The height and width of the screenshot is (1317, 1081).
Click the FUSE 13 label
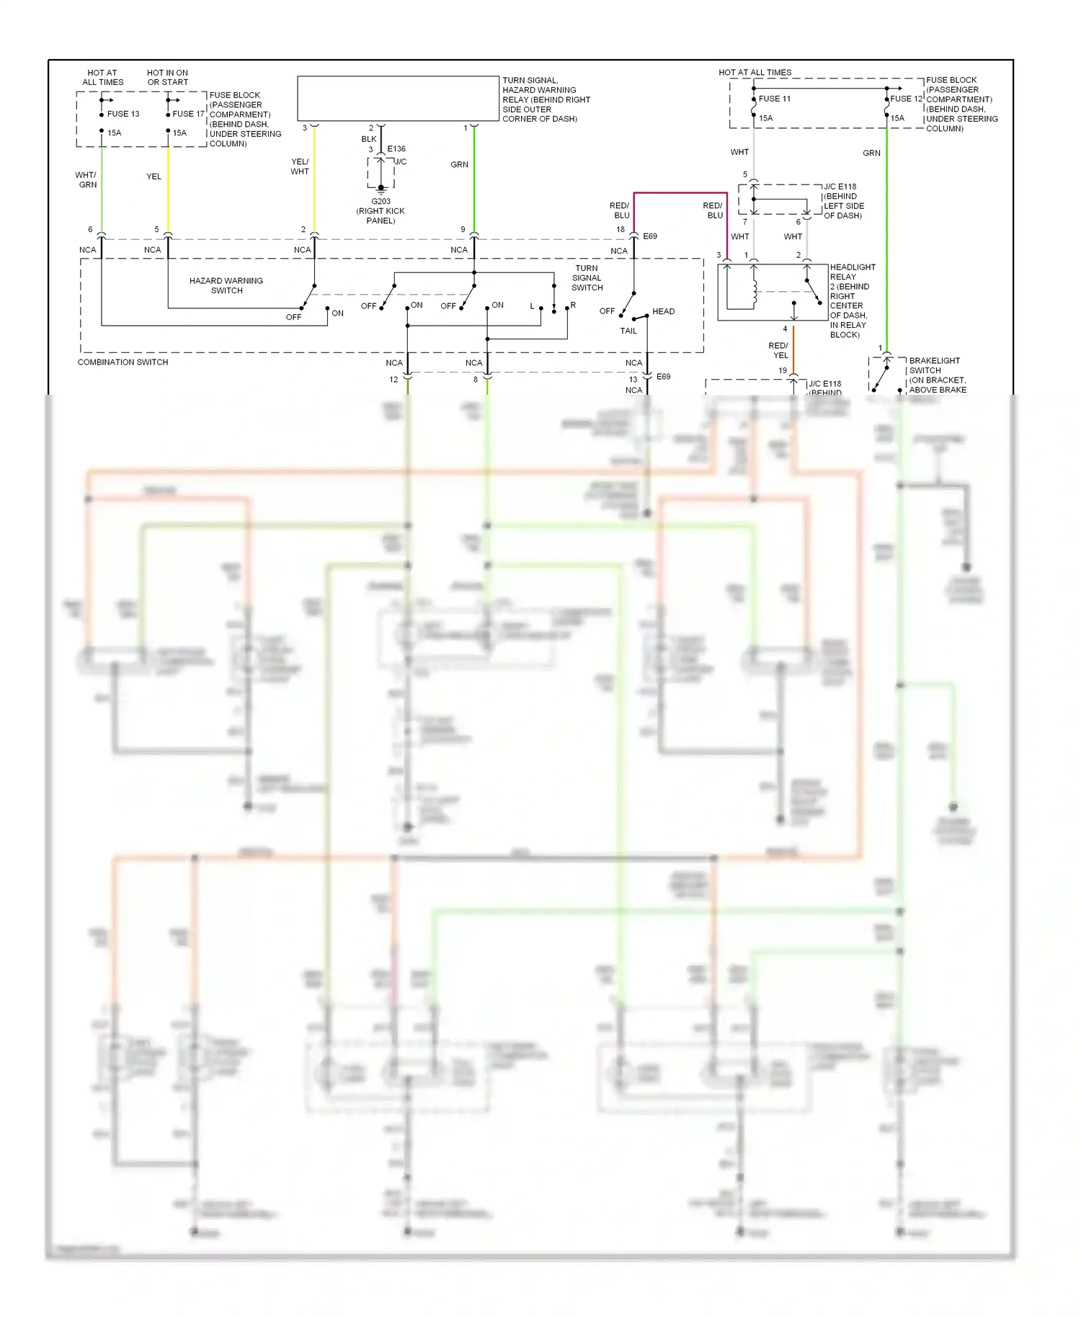[123, 114]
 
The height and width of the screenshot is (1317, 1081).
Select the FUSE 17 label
[188, 114]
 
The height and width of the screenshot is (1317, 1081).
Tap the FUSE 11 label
[774, 99]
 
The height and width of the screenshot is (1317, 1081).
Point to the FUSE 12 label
[906, 99]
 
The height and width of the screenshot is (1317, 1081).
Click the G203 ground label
[381, 202]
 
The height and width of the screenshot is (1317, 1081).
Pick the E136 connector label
[396, 149]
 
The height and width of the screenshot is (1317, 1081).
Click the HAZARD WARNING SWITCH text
[226, 285]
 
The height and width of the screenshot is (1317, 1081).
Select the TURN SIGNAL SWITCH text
[587, 277]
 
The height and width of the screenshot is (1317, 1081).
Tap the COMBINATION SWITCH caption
[123, 362]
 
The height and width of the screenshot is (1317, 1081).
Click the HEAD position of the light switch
[663, 311]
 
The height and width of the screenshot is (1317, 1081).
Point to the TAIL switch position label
[628, 331]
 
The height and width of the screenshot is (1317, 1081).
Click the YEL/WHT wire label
[300, 166]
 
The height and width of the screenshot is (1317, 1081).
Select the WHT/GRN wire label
[86, 179]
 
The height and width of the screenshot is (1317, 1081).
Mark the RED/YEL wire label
[778, 350]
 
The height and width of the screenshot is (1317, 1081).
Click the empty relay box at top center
[398, 99]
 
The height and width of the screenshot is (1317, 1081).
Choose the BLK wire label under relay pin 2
[369, 139]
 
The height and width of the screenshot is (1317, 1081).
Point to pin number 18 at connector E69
[620, 230]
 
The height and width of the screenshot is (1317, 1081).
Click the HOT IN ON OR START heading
[167, 77]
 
